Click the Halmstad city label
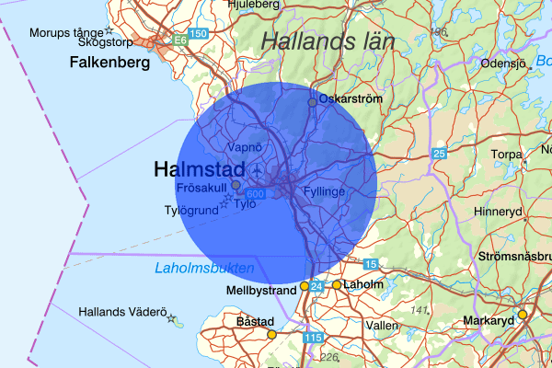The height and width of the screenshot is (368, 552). coord(200,169)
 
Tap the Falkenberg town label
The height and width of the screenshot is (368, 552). coord(110,63)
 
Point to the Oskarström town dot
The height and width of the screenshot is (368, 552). coord(312,102)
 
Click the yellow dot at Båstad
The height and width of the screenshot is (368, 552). coord(271,334)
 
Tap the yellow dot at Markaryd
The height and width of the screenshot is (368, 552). coord(522,315)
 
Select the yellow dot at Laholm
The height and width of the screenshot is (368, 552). coord(337,285)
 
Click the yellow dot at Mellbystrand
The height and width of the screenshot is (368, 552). coord(305,287)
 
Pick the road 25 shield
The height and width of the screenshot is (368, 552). coord(440,153)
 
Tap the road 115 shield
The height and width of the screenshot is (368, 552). coord(314,339)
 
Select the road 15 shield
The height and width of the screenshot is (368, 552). coord(371,264)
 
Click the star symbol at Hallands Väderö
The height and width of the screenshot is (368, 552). coord(171,318)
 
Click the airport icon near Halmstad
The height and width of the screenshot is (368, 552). coord(255,172)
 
